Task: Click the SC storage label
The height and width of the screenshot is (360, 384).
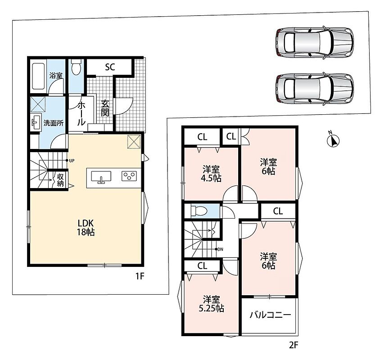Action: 110,67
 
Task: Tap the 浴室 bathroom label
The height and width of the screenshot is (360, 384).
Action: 56,76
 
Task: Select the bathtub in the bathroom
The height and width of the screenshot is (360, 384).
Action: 38,76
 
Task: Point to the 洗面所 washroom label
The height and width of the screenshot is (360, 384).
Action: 54,123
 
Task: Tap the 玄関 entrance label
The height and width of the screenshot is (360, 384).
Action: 105,108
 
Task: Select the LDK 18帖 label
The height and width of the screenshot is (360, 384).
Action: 86,227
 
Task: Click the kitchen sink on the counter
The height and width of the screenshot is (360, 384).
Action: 101,177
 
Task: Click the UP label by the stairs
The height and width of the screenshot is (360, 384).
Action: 72,161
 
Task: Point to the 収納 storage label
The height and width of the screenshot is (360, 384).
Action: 60,180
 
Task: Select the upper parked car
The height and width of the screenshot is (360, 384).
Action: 315,42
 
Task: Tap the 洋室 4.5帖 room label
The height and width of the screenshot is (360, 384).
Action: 211,174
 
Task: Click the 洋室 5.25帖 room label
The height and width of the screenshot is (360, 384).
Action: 211,304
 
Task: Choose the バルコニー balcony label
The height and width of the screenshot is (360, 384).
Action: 270,315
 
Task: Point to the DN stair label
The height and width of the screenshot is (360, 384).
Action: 221,249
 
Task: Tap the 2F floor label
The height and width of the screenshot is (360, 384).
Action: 294,345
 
